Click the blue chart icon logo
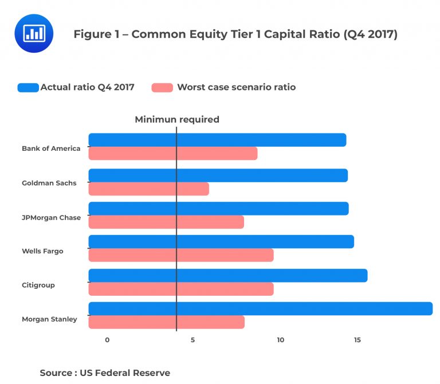pos(34,33)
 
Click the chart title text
pos(235,34)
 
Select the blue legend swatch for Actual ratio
pos(28,88)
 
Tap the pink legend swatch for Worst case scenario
pos(162,88)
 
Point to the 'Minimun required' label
pos(177,120)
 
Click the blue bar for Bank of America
pos(217,140)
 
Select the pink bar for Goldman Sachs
pos(148,189)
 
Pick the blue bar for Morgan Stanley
pos(260,308)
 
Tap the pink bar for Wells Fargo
pos(180,255)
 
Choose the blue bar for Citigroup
pos(227,275)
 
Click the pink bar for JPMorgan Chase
pos(166,222)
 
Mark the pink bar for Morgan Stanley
pos(166,322)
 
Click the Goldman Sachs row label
pos(49,183)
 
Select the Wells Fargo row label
pos(42,251)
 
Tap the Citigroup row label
pos(38,285)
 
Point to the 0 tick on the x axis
pos(107,340)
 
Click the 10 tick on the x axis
pos(280,340)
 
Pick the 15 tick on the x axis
pos(357,340)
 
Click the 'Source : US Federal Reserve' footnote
pos(105,373)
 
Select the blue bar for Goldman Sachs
pos(218,175)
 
